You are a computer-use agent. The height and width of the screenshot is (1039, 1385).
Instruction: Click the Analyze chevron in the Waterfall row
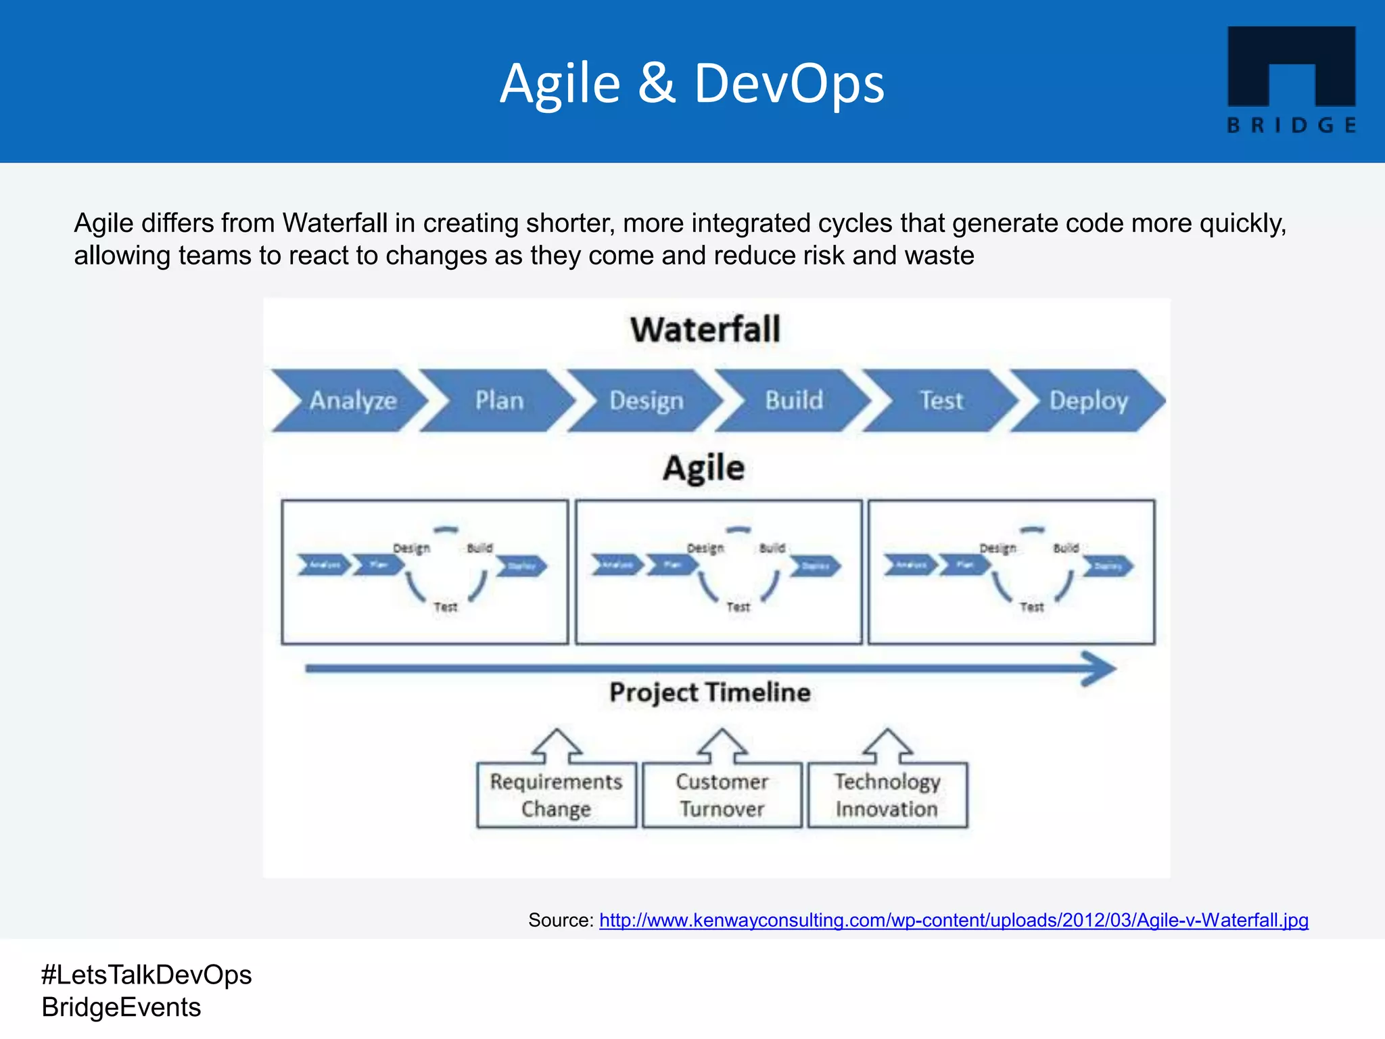352,400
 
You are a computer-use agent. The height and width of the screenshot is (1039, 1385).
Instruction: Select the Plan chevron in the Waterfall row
499,400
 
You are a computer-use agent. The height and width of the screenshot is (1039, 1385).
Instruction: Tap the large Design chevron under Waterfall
647,400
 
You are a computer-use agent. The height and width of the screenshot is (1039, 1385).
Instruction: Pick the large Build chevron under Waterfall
794,400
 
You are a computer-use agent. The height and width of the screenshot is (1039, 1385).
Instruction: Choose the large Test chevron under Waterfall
941,400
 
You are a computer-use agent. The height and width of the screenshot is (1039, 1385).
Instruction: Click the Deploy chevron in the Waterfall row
1088,400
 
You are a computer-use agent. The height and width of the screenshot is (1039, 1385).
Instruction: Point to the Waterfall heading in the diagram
705,330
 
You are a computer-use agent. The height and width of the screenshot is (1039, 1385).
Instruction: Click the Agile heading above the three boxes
703,468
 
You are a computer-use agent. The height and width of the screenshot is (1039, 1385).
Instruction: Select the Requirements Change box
556,795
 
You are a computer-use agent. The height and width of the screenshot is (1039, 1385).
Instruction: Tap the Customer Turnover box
722,795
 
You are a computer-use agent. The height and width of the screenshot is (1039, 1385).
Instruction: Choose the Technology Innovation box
887,795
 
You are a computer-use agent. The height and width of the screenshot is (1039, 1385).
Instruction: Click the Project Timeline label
710,693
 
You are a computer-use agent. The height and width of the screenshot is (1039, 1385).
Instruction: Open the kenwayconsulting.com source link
954,921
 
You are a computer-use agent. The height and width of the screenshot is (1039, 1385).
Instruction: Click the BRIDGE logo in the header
1291,79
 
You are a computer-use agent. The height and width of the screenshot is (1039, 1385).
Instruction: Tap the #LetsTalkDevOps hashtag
146,975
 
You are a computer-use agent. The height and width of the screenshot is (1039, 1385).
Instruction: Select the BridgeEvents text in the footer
121,1007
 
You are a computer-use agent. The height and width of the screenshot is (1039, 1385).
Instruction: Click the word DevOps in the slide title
789,84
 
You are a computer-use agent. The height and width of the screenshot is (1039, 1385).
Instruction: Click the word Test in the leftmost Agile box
446,607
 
